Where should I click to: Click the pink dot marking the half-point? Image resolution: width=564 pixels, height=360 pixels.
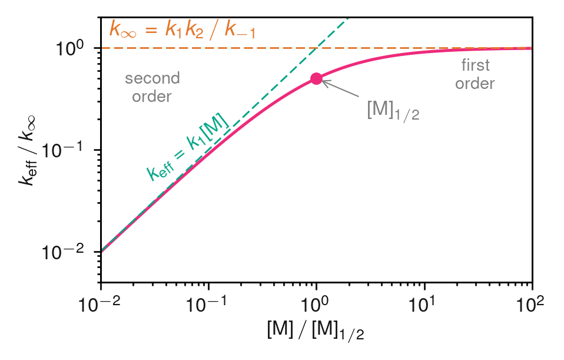click(316, 79)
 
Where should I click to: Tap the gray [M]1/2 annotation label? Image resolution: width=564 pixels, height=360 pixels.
click(393, 110)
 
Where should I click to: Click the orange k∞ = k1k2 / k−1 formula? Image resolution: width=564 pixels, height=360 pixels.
click(183, 29)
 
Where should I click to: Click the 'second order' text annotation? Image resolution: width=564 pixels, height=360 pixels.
click(152, 87)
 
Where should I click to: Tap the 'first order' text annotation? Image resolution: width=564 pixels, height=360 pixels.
click(475, 75)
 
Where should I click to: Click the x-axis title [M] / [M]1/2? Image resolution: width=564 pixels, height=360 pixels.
click(316, 332)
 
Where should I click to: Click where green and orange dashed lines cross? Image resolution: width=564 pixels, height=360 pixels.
click(316, 48)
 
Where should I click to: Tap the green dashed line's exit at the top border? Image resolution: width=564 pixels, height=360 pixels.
click(349, 18)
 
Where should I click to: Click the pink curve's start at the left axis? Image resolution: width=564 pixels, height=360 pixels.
click(102, 252)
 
